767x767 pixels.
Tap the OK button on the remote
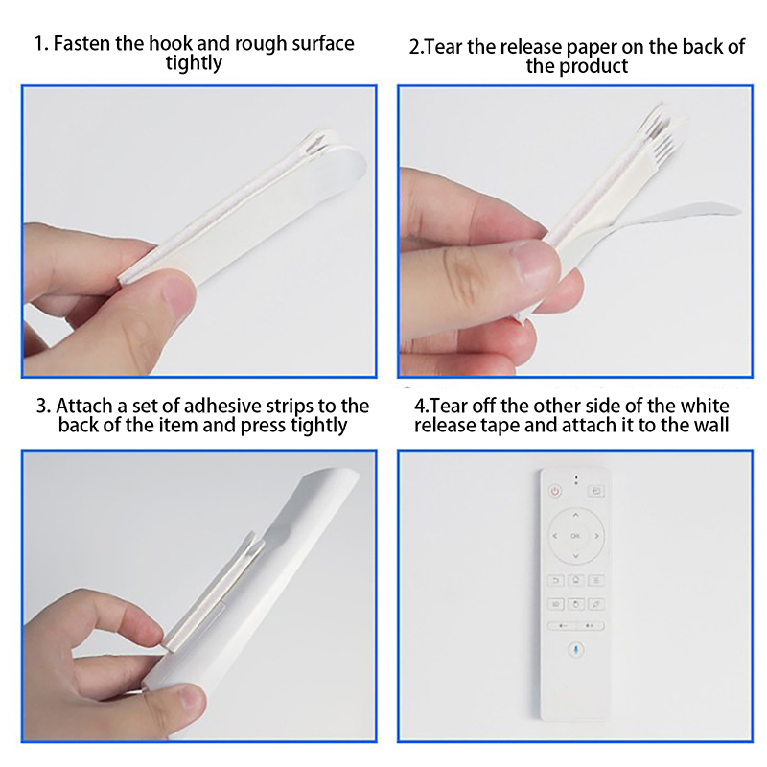pos(575,536)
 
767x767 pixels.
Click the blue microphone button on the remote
pos(576,650)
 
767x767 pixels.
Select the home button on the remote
pos(576,581)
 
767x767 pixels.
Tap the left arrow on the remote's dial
pos(555,536)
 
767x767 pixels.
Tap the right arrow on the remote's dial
pos(596,536)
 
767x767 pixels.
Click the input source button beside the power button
pos(595,491)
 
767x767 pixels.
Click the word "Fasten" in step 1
pos(81,43)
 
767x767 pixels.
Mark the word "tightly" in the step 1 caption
pos(194,63)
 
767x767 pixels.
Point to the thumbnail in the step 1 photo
pos(179,295)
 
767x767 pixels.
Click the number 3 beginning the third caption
pos(43,406)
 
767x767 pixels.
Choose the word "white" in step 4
pos(705,406)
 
